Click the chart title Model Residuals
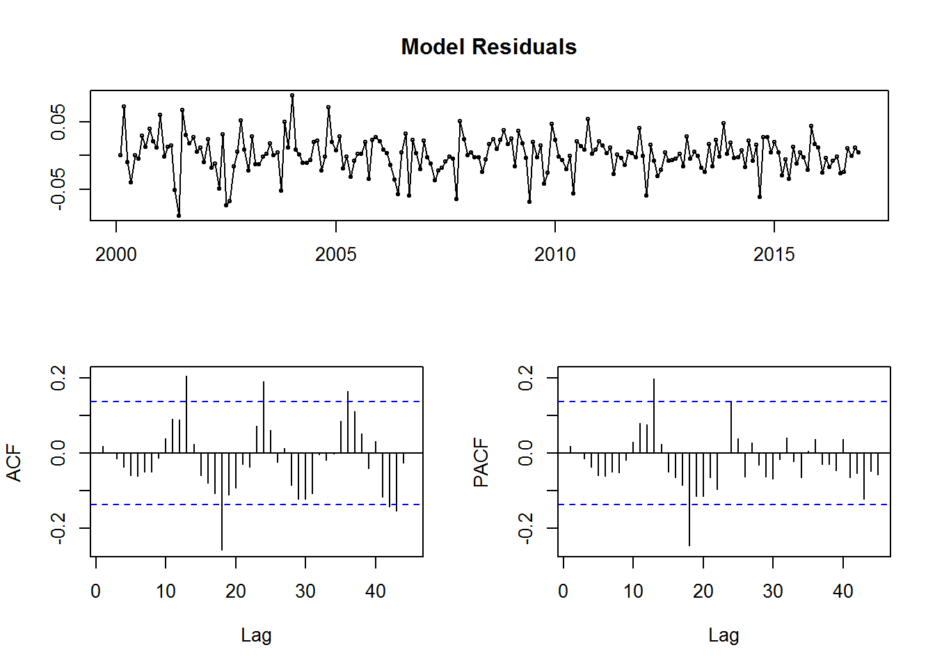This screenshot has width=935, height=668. pyautogui.click(x=489, y=47)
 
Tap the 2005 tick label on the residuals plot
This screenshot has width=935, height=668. pyautogui.click(x=335, y=254)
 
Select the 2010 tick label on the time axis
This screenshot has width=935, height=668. pyautogui.click(x=554, y=254)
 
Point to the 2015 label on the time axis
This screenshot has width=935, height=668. pyautogui.click(x=774, y=254)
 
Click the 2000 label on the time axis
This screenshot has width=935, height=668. pyautogui.click(x=116, y=254)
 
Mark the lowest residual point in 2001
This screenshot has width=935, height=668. pyautogui.click(x=179, y=216)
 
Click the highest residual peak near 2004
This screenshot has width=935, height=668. pyautogui.click(x=292, y=95)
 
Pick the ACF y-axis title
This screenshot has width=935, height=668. pyautogui.click(x=14, y=463)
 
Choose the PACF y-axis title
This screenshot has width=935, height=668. pyautogui.click(x=481, y=463)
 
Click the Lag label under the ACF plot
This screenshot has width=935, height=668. pyautogui.click(x=256, y=635)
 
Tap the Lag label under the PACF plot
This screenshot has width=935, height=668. pyautogui.click(x=724, y=635)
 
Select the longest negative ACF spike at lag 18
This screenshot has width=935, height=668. pyautogui.click(x=222, y=502)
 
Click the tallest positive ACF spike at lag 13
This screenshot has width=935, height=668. pyautogui.click(x=186, y=414)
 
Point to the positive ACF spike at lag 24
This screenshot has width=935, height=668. pyautogui.click(x=264, y=417)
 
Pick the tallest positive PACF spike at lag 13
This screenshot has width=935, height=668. pyautogui.click(x=654, y=415)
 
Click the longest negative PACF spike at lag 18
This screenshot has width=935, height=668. pyautogui.click(x=689, y=500)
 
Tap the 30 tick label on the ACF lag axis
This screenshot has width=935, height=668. pyautogui.click(x=305, y=591)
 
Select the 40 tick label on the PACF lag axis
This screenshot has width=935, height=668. pyautogui.click(x=842, y=591)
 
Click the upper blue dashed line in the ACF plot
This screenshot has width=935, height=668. pyautogui.click(x=257, y=401)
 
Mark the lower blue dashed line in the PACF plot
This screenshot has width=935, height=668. pyautogui.click(x=724, y=504)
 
